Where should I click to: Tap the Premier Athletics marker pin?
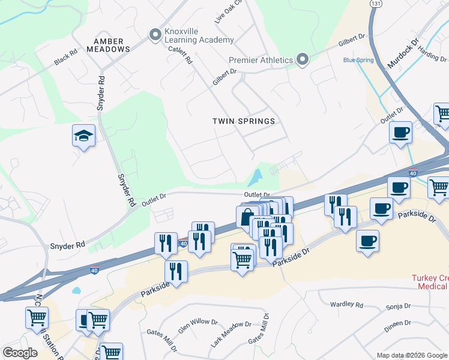(x=303, y=59)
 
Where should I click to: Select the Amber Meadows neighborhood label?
(x=108, y=45)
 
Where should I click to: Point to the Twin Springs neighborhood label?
(x=244, y=121)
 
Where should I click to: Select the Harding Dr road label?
(x=433, y=55)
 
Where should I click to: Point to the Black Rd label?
(x=65, y=58)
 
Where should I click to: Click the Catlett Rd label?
(x=180, y=55)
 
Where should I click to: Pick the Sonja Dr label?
(x=399, y=305)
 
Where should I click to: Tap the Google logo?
(x=20, y=353)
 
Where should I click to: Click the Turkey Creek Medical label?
(x=429, y=282)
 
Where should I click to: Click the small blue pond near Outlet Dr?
(x=255, y=177)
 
